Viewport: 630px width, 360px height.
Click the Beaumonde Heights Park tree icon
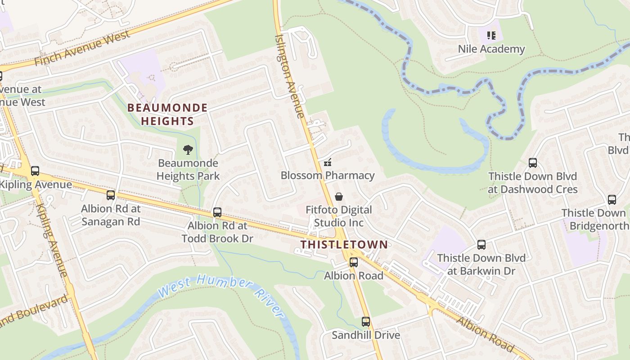click(188, 149)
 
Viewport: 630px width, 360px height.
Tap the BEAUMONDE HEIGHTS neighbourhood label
click(167, 114)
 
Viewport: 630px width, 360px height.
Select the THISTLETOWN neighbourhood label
click(344, 244)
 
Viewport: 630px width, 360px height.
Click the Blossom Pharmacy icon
click(328, 162)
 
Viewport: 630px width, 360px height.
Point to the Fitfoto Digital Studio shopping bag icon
click(339, 197)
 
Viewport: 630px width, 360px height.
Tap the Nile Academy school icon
click(491, 35)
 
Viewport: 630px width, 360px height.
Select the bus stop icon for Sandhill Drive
click(366, 322)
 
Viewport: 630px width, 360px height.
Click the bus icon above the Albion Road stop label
click(354, 262)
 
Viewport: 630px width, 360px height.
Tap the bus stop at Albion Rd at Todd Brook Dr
click(217, 212)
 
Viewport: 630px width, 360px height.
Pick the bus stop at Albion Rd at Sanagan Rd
click(111, 195)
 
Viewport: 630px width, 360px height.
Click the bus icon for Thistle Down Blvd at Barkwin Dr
click(481, 244)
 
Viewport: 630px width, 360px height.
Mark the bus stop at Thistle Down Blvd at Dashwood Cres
click(533, 162)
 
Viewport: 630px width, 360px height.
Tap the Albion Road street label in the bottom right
click(485, 333)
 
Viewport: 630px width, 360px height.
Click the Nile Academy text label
click(491, 49)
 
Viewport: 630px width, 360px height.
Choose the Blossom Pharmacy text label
click(328, 175)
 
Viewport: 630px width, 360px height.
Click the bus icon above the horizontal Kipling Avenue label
click(35, 171)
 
